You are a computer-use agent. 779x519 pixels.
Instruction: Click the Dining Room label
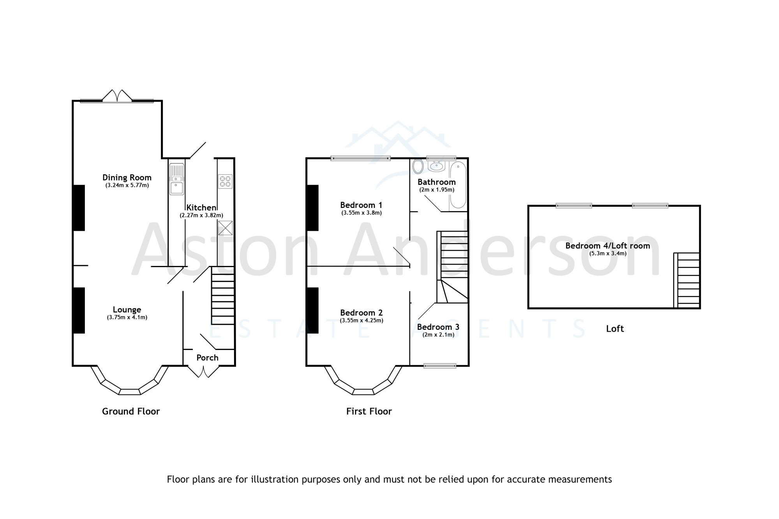coord(127,178)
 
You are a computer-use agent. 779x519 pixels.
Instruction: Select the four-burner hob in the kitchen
coord(225,181)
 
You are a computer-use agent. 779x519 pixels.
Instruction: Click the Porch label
coord(207,357)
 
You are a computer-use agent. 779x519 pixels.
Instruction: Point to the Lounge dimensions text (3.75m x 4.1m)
coord(127,317)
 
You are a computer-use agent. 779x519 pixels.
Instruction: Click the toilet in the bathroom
coord(418,166)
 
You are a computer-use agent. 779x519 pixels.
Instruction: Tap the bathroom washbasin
coord(437,167)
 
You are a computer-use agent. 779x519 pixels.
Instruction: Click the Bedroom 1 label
coord(361,205)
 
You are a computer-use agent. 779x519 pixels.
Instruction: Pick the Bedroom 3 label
coord(438,327)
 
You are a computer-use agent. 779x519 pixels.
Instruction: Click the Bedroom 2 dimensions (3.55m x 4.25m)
coord(361,320)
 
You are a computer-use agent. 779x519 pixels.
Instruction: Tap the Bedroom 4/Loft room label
coord(608,246)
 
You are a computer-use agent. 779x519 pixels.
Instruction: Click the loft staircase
coord(687,280)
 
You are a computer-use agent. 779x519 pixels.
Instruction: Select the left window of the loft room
coord(574,206)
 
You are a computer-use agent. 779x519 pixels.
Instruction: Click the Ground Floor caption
coord(131,411)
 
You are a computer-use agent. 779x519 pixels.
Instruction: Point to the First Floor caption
coord(369,411)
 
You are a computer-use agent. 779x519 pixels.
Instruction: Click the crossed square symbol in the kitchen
coord(225,228)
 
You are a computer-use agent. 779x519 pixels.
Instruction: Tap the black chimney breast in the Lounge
coord(79,310)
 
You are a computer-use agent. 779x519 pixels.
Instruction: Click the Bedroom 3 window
coord(440,365)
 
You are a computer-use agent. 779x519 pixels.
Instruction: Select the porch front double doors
coord(203,371)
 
